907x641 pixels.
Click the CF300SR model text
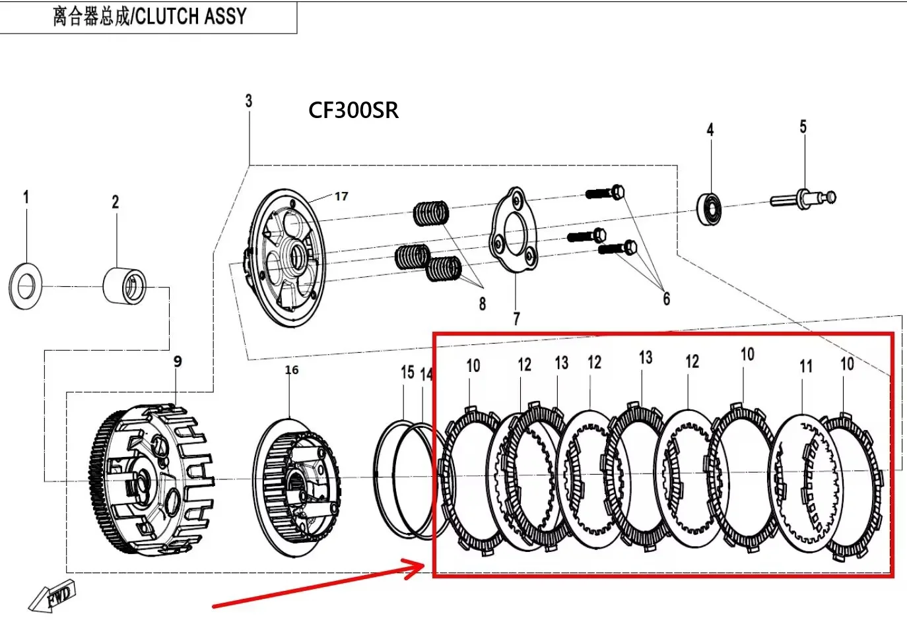[353, 110]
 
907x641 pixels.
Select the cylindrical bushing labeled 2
[125, 285]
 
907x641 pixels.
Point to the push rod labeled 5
[803, 198]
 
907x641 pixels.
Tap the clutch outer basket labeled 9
[152, 479]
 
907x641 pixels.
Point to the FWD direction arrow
[53, 597]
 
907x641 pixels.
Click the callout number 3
[248, 101]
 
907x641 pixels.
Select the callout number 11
[805, 367]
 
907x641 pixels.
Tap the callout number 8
[483, 304]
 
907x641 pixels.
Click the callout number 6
[666, 299]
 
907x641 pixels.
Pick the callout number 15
[407, 373]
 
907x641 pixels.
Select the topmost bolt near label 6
[605, 193]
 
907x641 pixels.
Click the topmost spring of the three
[431, 213]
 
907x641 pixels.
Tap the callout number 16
[291, 370]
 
